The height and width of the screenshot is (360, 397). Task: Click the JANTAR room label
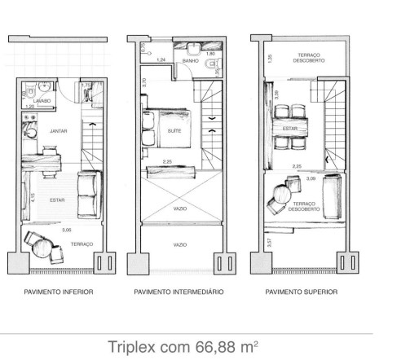click(x=58, y=130)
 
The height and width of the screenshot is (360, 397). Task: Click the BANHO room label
click(x=190, y=61)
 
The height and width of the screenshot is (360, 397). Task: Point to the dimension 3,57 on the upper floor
click(x=270, y=242)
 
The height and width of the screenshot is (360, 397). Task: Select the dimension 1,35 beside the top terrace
click(x=270, y=59)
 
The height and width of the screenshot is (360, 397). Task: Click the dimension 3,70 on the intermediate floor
click(x=143, y=81)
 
